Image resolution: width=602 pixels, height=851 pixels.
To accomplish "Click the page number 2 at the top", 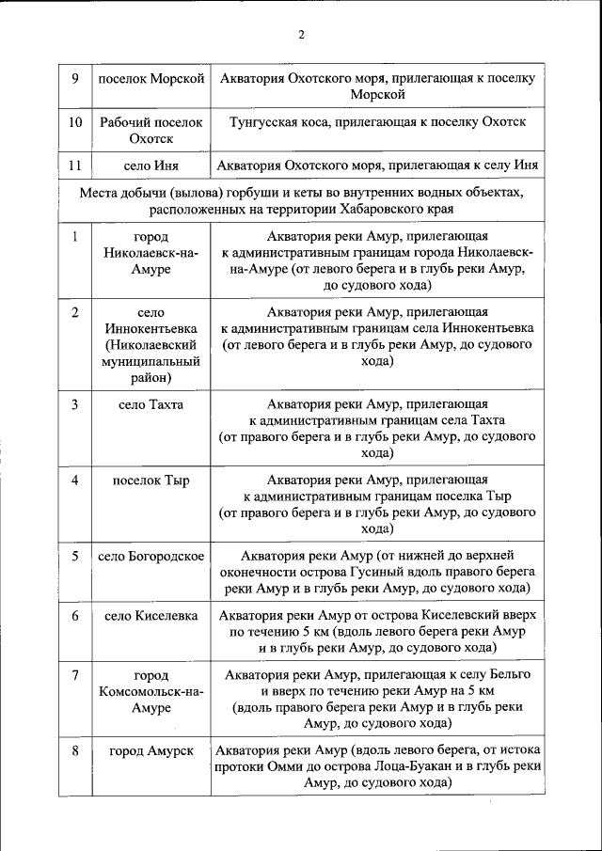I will click(x=301, y=36).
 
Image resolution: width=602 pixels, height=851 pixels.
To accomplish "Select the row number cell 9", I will click(x=74, y=78).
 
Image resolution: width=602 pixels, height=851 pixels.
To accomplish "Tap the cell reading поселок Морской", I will click(x=151, y=78).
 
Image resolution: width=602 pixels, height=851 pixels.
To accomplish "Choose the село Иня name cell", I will click(x=151, y=165).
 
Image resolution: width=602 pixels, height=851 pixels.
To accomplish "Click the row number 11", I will click(x=74, y=165).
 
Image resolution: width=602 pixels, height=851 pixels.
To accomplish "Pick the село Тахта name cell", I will click(x=151, y=405).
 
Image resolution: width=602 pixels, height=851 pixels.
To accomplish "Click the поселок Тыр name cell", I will click(x=151, y=481).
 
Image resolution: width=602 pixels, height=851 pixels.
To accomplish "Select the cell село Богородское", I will click(x=151, y=556).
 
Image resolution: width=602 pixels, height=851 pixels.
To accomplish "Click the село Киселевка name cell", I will click(x=151, y=616).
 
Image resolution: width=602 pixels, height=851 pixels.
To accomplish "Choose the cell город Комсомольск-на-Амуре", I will click(x=151, y=691).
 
